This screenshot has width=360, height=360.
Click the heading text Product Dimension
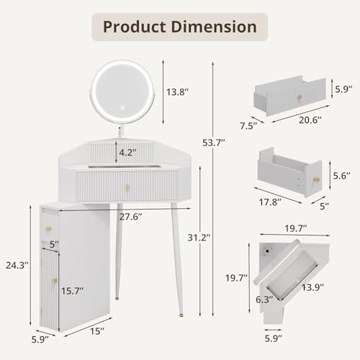click(x=179, y=27)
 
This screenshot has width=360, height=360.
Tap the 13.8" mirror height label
click(x=180, y=93)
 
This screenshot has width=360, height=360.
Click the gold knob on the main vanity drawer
click(x=126, y=188)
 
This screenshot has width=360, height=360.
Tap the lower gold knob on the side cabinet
click(x=51, y=279)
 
